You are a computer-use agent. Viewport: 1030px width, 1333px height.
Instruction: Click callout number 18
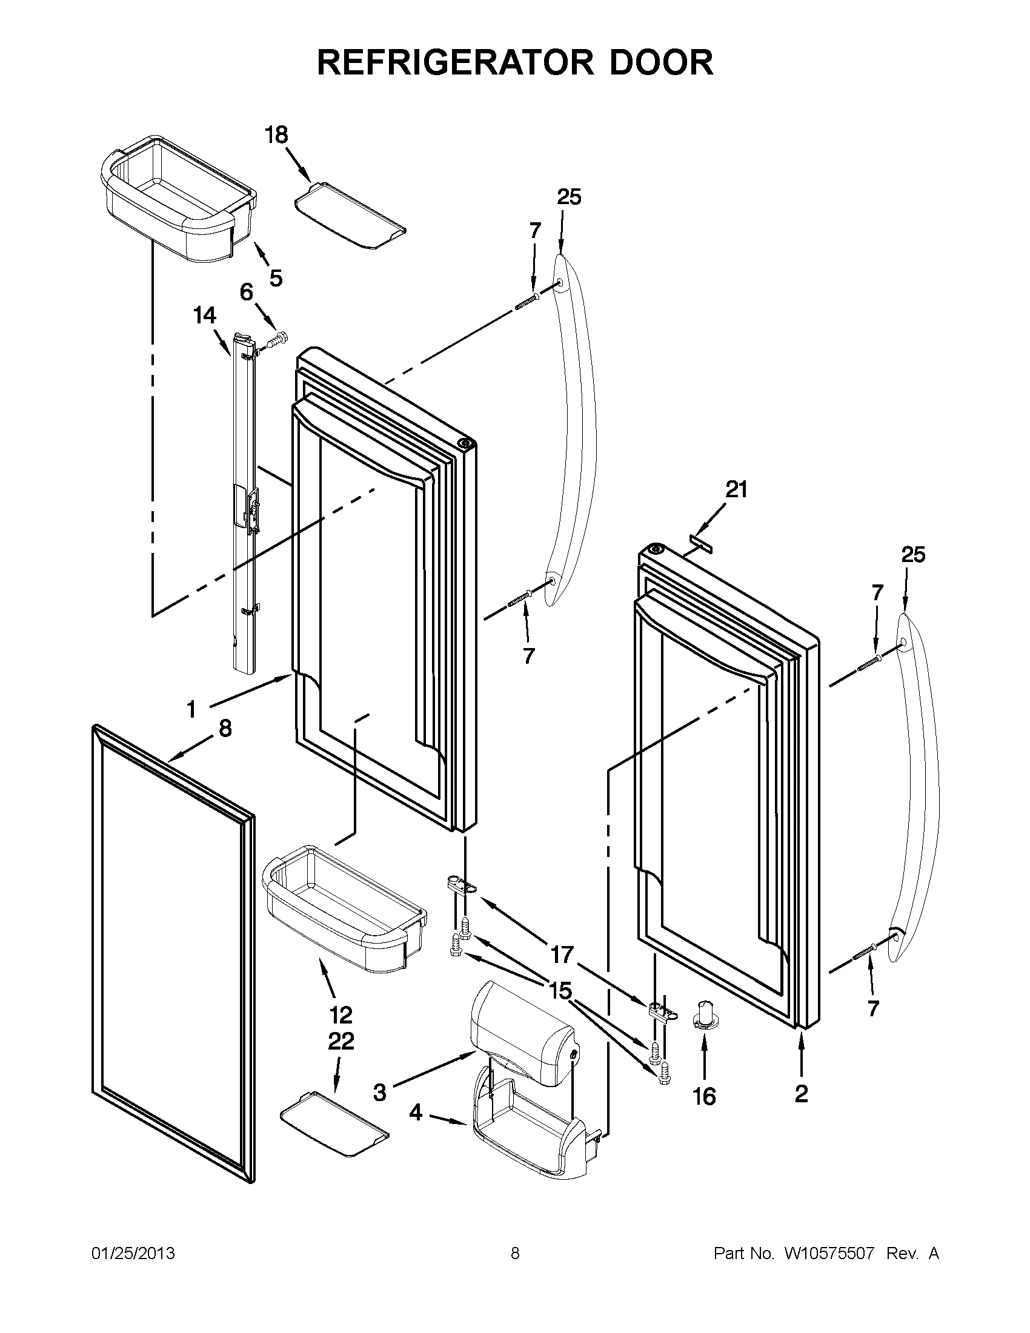[276, 135]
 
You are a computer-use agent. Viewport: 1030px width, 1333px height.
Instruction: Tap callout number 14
[205, 316]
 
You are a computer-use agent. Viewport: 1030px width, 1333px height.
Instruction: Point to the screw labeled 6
[278, 337]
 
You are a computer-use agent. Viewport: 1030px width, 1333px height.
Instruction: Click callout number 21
[736, 489]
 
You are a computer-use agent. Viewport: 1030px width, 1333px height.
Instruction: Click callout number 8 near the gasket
[225, 727]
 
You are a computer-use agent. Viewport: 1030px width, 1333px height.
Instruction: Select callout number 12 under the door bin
[341, 1015]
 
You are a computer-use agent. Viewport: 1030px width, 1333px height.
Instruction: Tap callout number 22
[341, 1041]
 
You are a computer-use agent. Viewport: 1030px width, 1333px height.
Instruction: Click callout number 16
[704, 1097]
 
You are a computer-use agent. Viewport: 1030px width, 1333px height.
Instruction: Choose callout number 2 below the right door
[801, 1094]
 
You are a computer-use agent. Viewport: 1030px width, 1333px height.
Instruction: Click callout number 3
[380, 1093]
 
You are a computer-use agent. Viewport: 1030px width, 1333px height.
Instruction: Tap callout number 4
[415, 1113]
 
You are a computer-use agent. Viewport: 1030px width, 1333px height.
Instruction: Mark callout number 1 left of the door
[191, 709]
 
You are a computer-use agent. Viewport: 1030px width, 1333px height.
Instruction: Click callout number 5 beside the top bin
[276, 279]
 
